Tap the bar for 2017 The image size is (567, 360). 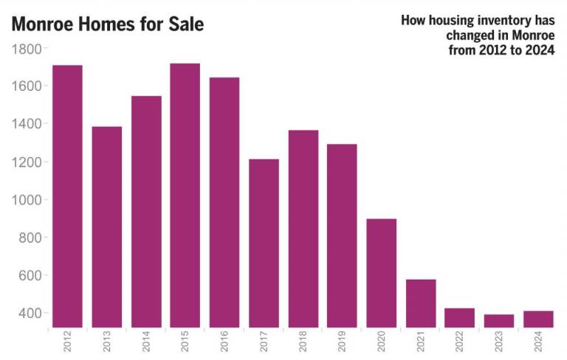pyautogui.click(x=264, y=243)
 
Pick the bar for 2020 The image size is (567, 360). pyautogui.click(x=381, y=273)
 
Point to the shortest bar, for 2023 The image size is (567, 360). pyautogui.click(x=498, y=321)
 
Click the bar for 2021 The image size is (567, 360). pyautogui.click(x=420, y=303)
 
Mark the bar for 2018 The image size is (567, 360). pyautogui.click(x=303, y=229)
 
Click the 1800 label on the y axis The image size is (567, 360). pyautogui.click(x=27, y=49)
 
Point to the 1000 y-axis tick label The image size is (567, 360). pyautogui.click(x=27, y=200)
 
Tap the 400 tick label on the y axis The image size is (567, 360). pyautogui.click(x=30, y=314)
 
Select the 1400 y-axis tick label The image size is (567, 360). pyautogui.click(x=27, y=124)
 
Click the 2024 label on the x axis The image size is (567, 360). pyautogui.click(x=539, y=343)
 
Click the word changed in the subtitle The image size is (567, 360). pyautogui.click(x=470, y=35)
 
